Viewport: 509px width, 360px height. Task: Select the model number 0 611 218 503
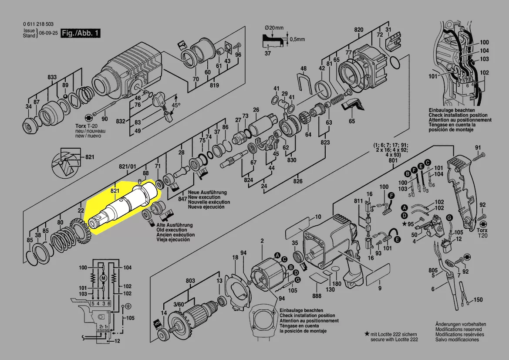(38, 24)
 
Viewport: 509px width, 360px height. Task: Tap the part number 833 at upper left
(52, 77)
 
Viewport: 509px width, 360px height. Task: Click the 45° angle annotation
(175, 105)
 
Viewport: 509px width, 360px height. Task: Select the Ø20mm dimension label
(274, 28)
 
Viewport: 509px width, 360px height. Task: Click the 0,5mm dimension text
(297, 39)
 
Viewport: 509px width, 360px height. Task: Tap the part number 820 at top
(358, 30)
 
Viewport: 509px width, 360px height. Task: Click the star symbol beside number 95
(405, 224)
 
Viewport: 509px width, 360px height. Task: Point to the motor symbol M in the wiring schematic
(103, 278)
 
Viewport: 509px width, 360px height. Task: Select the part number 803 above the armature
(190, 281)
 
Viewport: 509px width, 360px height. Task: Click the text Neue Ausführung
(207, 193)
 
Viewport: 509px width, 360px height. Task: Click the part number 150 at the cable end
(478, 300)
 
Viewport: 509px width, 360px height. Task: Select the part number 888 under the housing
(317, 296)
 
